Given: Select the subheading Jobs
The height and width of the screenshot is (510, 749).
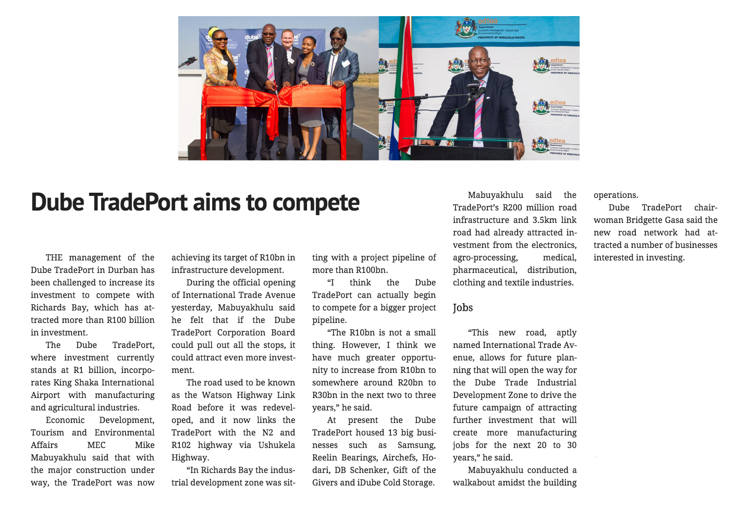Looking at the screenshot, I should coord(463,308).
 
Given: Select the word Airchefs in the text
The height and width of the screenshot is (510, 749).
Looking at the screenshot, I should coord(401,457).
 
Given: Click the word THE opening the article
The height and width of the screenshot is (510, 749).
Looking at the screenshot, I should coord(54,257).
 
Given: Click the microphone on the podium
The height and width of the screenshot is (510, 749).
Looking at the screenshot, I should coord(473,89).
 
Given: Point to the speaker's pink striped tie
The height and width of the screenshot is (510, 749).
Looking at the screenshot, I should coord(478,107).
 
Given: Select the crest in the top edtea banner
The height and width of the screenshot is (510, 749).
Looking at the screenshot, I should coord(465,27).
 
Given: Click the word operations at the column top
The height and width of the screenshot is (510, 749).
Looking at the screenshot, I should coord(616,195).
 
